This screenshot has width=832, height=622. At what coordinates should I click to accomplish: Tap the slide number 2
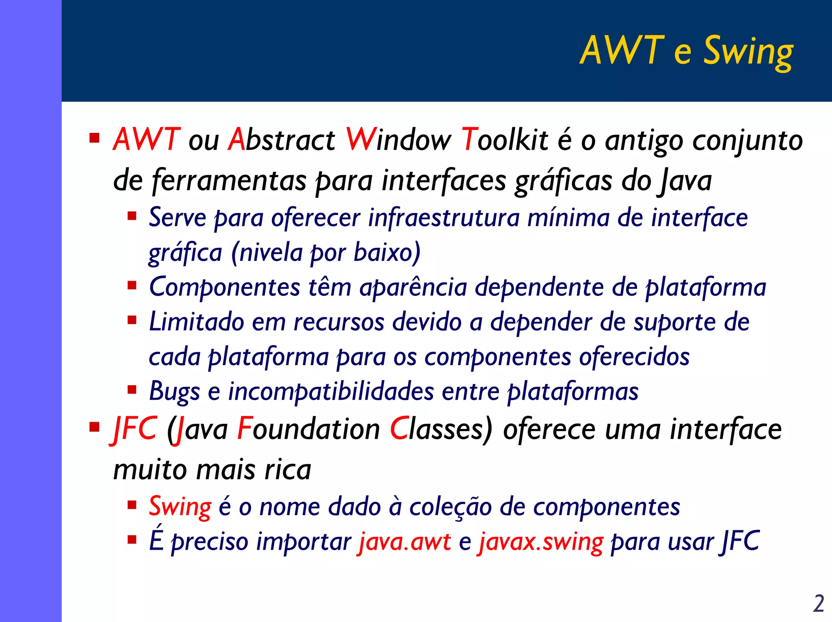point(818,603)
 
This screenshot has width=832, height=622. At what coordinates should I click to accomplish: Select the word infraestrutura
point(444,218)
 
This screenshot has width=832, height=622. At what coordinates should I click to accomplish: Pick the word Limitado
point(197,322)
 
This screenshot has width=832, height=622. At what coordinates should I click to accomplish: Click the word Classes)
point(441,429)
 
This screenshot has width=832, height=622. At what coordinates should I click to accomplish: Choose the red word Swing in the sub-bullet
point(180,507)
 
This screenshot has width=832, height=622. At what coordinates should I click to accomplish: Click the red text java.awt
point(404,542)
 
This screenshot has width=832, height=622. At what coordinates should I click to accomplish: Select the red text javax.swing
point(540,542)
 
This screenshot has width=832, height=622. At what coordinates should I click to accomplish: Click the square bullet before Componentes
point(132,286)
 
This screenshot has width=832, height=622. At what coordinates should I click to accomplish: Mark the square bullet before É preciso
point(132,540)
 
